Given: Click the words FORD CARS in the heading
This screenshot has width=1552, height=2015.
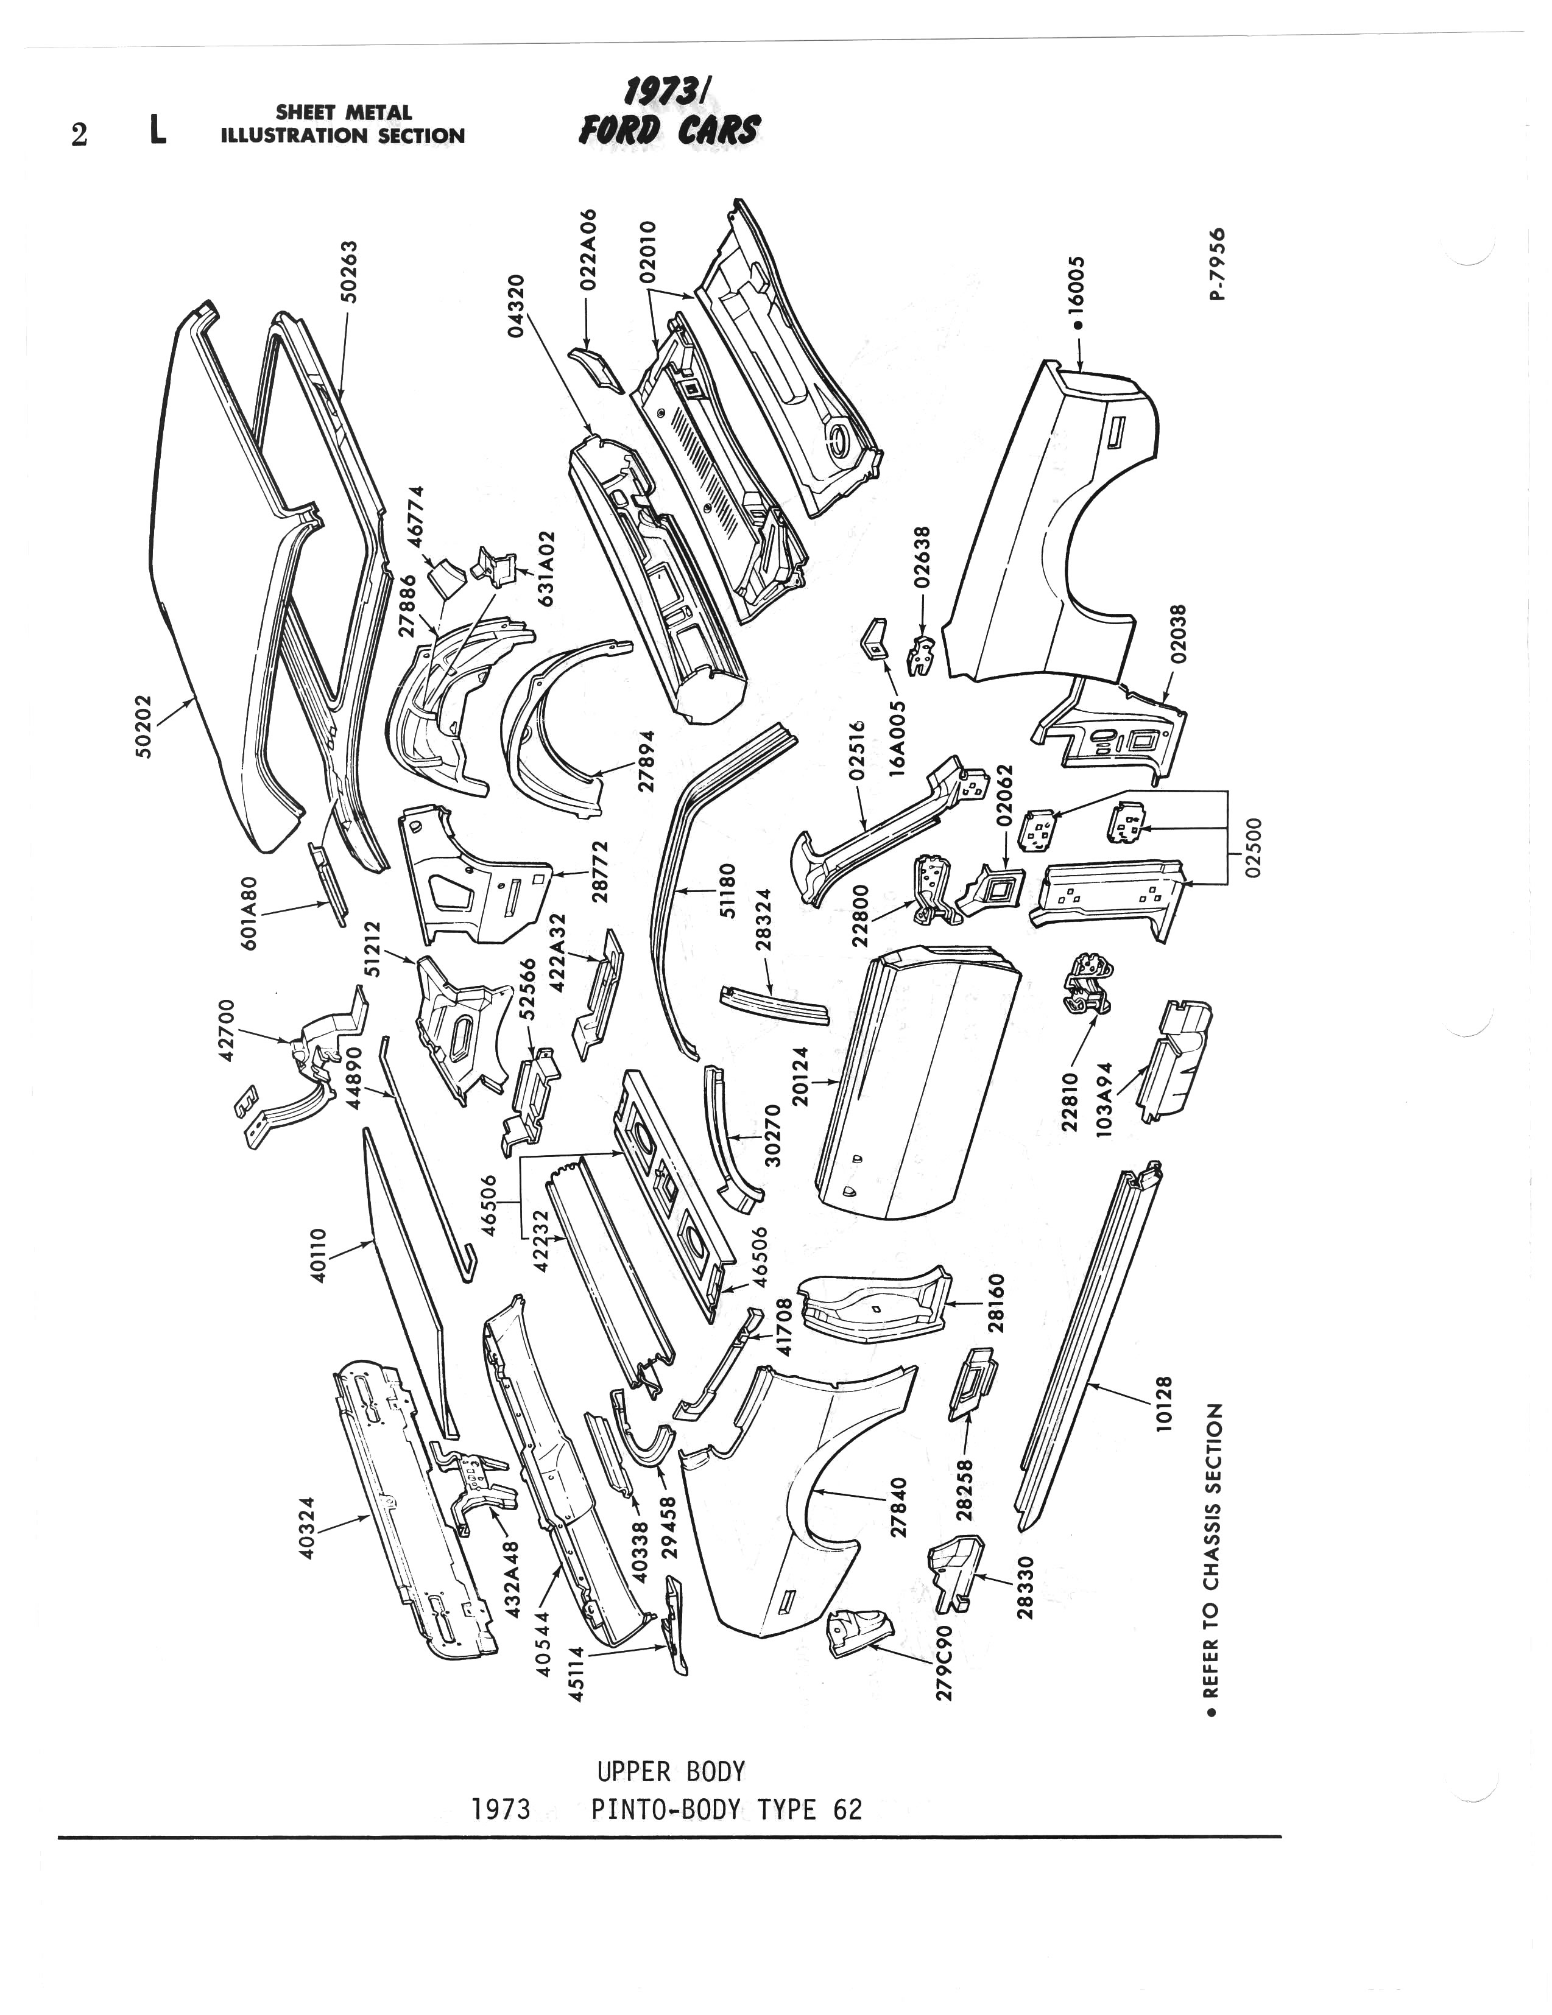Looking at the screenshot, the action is tap(669, 130).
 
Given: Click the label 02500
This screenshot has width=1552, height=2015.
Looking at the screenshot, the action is tap(1251, 849).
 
